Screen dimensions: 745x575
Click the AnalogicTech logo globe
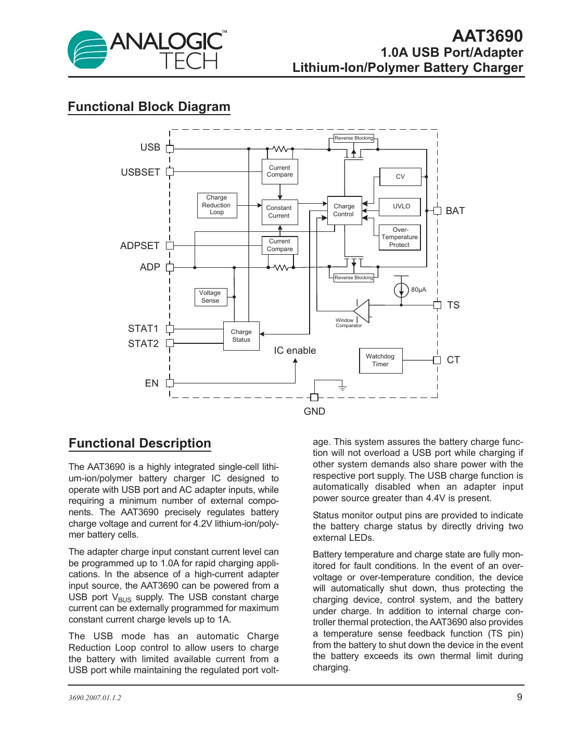click(x=87, y=50)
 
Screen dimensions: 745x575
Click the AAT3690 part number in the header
click(x=487, y=36)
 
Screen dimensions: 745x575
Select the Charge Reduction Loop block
click(x=217, y=205)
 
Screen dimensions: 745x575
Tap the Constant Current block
click(x=279, y=212)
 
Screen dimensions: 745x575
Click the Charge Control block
click(x=344, y=210)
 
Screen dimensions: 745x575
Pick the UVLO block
click(x=401, y=206)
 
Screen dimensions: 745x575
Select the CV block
click(x=400, y=177)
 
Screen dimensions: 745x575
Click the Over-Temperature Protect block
click(x=400, y=238)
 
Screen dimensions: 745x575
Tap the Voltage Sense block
click(x=210, y=297)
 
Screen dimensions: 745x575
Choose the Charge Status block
click(x=241, y=336)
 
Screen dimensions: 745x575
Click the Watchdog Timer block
click(x=380, y=361)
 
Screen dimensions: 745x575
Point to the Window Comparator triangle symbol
click(x=363, y=311)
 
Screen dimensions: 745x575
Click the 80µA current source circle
click(x=401, y=290)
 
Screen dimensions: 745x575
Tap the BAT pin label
click(x=455, y=211)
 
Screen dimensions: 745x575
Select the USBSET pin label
click(x=140, y=172)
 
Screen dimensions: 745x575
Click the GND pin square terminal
click(x=314, y=398)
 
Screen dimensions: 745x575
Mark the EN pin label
click(x=151, y=383)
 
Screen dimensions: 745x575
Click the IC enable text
click(x=295, y=351)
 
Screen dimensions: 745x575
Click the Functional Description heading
click(x=140, y=443)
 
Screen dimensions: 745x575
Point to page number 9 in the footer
click(x=519, y=697)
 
